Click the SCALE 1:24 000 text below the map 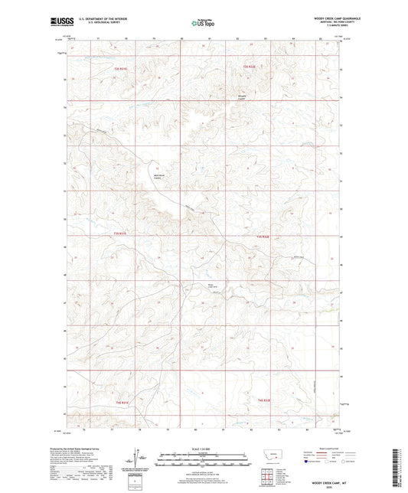tap(204, 449)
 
